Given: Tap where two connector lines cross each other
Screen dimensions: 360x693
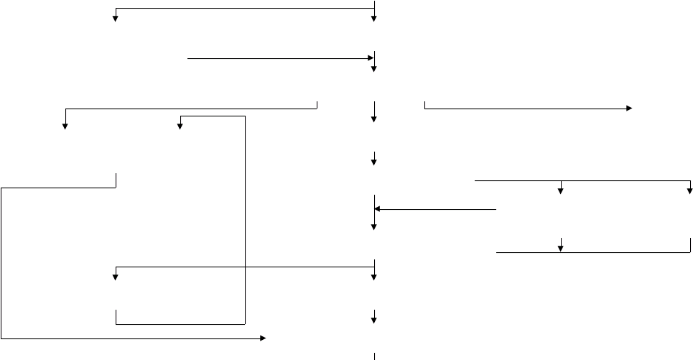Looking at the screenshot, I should click(x=246, y=267).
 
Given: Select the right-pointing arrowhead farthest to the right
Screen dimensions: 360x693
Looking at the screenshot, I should click(x=629, y=109).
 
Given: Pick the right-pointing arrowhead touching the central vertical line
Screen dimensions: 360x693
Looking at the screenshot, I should click(x=371, y=58).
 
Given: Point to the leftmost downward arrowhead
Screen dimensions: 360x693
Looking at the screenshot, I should click(x=65, y=126).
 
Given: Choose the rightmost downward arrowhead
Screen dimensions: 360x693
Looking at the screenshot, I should click(x=689, y=190).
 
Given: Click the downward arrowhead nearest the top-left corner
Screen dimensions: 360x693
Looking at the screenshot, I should click(x=115, y=18).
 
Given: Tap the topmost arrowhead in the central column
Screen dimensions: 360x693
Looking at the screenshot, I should click(x=373, y=18).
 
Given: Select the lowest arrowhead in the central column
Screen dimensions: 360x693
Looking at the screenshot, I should click(x=373, y=320).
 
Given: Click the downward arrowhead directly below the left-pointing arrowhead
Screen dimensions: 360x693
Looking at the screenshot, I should click(x=373, y=226).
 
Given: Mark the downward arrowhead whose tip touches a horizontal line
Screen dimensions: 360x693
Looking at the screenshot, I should click(x=560, y=249).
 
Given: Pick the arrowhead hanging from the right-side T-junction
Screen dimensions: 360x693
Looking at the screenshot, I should click(x=560, y=190).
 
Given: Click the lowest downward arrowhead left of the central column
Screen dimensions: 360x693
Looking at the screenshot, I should click(x=115, y=277).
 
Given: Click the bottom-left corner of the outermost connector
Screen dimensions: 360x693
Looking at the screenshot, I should click(x=2, y=338).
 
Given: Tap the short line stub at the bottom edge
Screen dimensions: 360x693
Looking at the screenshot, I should click(x=375, y=356).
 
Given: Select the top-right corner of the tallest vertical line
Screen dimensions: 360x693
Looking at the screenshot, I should click(x=246, y=116).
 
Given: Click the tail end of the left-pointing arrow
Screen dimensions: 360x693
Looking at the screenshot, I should click(x=496, y=210).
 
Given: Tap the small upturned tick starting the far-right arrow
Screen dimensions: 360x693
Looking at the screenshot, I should click(x=425, y=104).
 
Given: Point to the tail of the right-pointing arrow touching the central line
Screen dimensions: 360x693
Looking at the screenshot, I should click(x=188, y=58).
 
